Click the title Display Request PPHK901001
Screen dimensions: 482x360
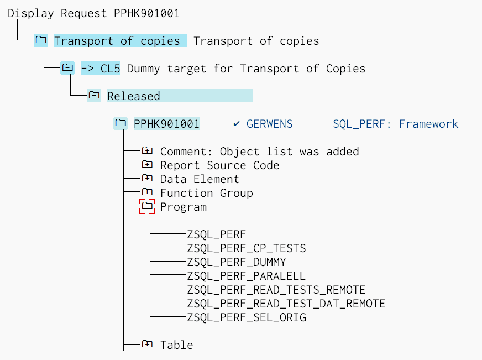pyautogui.click(x=93, y=13)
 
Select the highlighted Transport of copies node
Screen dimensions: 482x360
pyautogui.click(x=117, y=41)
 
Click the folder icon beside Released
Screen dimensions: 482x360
pyautogui.click(x=94, y=96)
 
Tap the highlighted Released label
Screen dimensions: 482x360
pyautogui.click(x=134, y=96)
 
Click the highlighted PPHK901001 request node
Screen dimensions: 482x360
pyautogui.click(x=166, y=124)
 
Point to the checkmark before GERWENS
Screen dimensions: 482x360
pyautogui.click(x=237, y=124)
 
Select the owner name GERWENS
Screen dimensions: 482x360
pyautogui.click(x=269, y=124)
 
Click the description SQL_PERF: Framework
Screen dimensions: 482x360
pyautogui.click(x=395, y=124)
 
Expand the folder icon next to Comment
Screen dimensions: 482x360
pyautogui.click(x=147, y=151)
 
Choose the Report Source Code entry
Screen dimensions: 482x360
pyautogui.click(x=219, y=165)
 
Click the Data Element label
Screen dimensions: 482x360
pyautogui.click(x=200, y=179)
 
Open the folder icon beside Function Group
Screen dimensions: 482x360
pyautogui.click(x=147, y=192)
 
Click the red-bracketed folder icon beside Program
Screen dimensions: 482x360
pyautogui.click(x=147, y=206)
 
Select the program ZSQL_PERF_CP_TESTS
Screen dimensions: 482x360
pyautogui.click(x=247, y=248)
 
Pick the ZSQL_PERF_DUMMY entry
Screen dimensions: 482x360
pyautogui.click(x=237, y=262)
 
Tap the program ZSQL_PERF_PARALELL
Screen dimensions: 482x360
pyautogui.click(x=247, y=276)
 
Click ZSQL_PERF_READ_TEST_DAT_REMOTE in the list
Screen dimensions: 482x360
pyautogui.click(x=286, y=304)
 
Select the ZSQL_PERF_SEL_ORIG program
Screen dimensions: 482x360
pyautogui.click(x=247, y=317)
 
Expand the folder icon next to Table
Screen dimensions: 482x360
pyautogui.click(x=147, y=345)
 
